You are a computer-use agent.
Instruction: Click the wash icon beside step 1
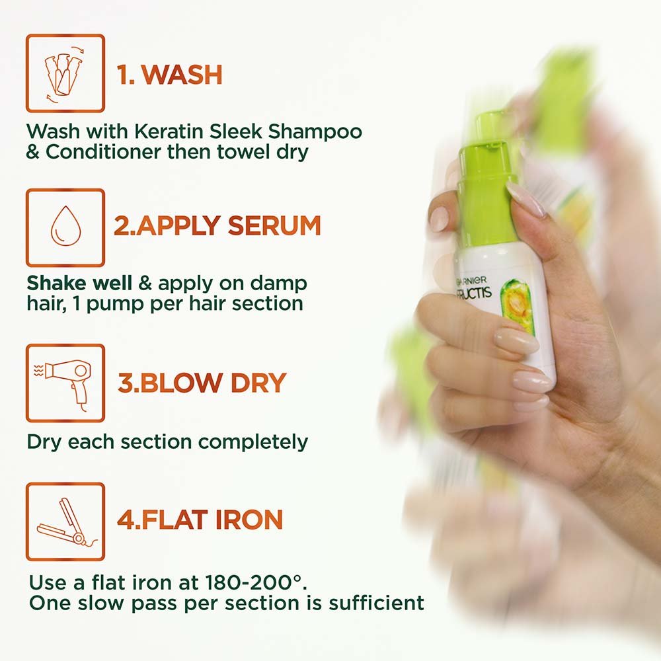65,73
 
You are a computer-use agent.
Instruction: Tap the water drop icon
65,227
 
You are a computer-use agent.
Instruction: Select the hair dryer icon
65,382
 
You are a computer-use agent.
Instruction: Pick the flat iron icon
65,522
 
